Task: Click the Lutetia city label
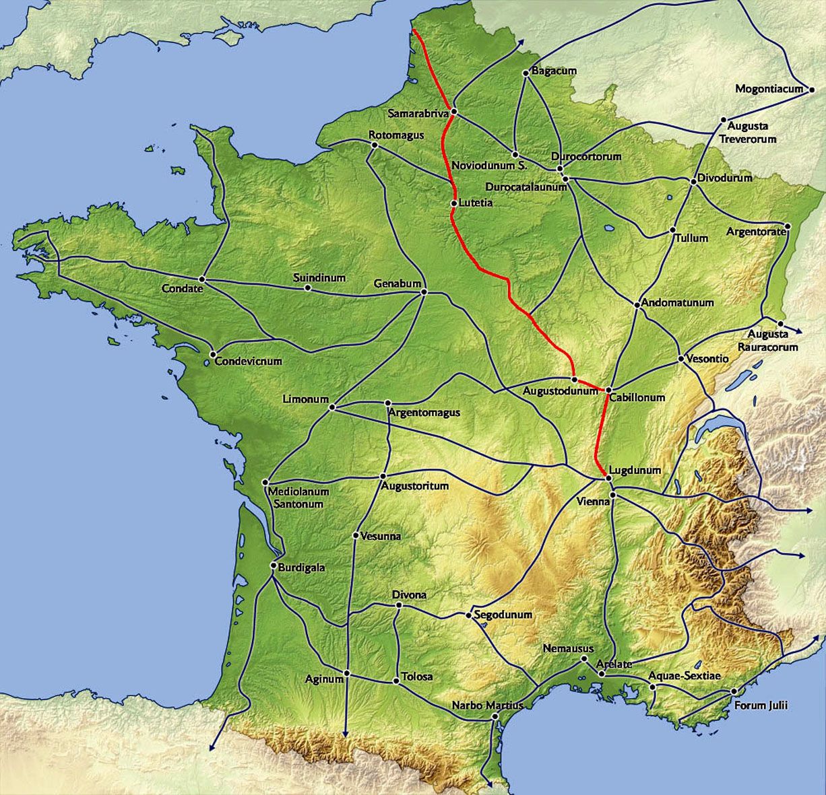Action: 476,203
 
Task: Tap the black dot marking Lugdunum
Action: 608,477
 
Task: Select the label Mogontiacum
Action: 769,88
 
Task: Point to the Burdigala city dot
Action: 272,566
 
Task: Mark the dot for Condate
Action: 202,279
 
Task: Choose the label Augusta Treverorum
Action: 747,133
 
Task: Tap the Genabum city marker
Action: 424,291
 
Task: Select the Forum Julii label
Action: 761,705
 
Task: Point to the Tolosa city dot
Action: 396,681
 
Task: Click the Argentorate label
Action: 755,232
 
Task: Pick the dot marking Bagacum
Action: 526,73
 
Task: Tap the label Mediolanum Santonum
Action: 298,497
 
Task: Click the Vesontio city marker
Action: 680,359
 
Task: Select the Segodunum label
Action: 503,615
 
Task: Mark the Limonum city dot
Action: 332,407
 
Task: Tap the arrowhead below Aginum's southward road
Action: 346,734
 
